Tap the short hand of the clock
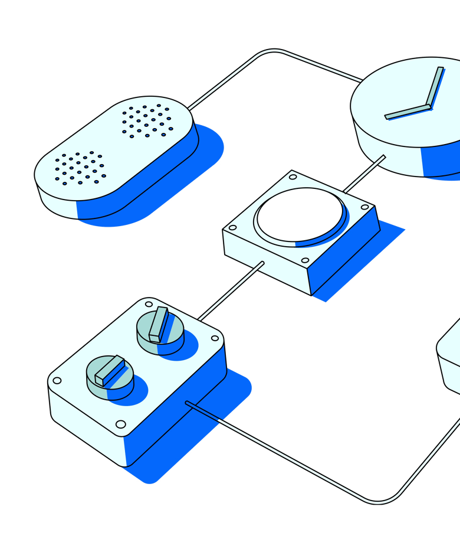(x=408, y=112)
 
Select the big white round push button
(x=300, y=214)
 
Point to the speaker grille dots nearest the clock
(x=147, y=120)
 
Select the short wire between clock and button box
(x=364, y=174)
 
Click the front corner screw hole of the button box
(x=305, y=260)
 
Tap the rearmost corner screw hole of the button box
(x=293, y=177)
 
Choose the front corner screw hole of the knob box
(x=120, y=424)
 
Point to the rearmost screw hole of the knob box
(x=149, y=304)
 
